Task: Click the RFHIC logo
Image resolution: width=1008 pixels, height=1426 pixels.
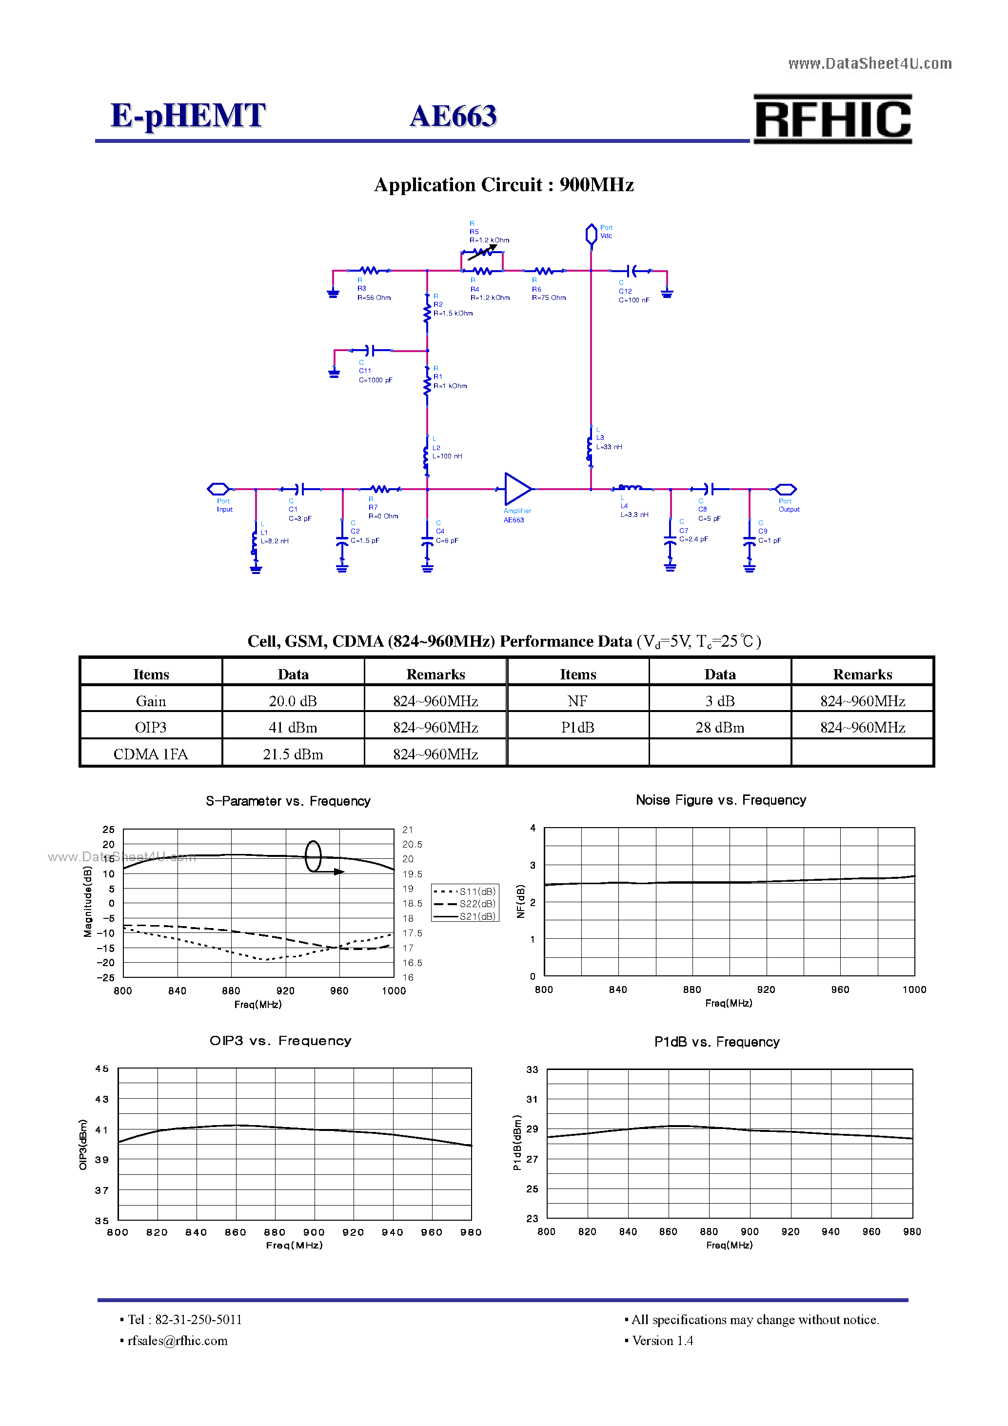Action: click(x=832, y=119)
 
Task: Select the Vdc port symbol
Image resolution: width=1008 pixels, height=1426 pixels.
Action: click(x=591, y=234)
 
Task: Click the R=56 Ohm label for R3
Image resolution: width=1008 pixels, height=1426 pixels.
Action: click(x=374, y=297)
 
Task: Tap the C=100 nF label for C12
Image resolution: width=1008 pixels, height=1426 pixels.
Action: click(x=633, y=300)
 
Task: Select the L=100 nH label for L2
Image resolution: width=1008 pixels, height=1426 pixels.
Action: click(x=447, y=456)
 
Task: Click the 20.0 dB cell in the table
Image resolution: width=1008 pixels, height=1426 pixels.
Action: click(x=293, y=701)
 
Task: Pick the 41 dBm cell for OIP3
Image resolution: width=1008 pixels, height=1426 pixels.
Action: click(x=293, y=727)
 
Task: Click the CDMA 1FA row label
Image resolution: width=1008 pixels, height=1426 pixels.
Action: click(x=150, y=754)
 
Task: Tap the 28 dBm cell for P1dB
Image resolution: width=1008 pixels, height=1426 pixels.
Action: click(x=719, y=727)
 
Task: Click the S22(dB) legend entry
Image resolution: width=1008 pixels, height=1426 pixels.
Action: click(x=477, y=904)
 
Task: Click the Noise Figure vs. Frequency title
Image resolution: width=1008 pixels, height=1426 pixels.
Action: click(x=720, y=800)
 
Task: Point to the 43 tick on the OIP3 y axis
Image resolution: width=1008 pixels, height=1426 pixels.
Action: click(x=102, y=1099)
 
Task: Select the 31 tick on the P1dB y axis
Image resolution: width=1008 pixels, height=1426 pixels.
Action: click(x=532, y=1099)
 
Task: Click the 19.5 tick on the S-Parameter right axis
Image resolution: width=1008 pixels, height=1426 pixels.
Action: click(x=412, y=874)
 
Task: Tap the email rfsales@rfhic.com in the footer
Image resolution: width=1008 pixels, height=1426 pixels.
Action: click(x=178, y=1340)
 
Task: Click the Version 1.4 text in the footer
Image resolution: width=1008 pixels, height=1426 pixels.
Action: click(x=662, y=1340)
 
